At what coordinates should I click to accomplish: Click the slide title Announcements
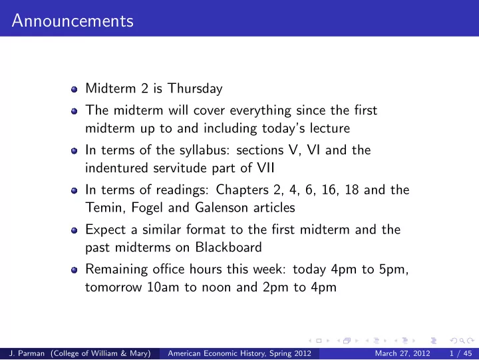73,21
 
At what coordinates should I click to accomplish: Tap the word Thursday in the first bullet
195,89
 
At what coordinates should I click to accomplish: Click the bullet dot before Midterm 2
74,89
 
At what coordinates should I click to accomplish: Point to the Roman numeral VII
265,168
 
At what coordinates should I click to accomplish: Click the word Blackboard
228,248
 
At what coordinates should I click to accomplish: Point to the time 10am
163,287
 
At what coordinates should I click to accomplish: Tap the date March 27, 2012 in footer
402,353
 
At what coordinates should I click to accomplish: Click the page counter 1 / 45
460,353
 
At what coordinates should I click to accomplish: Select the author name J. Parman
27,353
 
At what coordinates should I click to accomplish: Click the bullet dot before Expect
74,230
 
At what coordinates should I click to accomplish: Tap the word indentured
116,168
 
